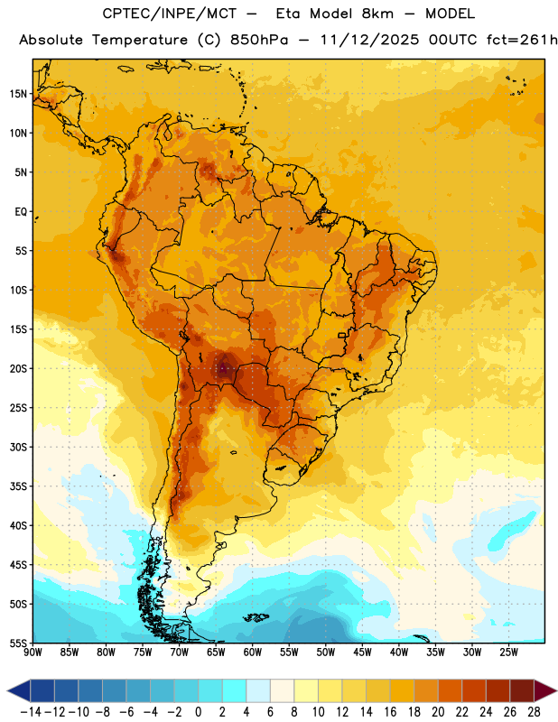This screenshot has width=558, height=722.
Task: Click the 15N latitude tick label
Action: [18, 94]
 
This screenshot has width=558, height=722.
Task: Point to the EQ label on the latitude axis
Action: [21, 212]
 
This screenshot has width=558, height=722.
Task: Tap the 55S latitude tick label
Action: [18, 643]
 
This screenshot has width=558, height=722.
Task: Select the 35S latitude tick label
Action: [18, 486]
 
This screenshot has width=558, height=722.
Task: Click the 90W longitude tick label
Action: [33, 653]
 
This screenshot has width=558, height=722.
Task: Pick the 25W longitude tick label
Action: [508, 653]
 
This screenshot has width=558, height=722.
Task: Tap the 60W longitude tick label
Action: [253, 653]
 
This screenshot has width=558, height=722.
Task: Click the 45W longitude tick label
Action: [362, 653]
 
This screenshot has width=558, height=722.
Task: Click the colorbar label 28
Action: [534, 712]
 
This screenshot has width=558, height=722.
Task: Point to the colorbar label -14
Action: [31, 712]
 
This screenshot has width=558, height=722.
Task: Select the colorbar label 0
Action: [198, 712]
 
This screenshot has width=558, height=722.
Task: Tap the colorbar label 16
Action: [390, 712]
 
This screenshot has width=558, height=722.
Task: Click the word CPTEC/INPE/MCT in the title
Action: [169, 14]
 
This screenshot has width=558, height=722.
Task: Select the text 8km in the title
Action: [377, 14]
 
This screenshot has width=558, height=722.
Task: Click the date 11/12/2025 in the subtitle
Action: [369, 40]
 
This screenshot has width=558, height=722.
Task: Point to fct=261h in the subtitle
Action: [522, 40]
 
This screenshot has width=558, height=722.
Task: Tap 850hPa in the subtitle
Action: [259, 40]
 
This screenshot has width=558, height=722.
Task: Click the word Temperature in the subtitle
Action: [140, 41]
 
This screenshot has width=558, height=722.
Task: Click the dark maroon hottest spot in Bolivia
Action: [223, 368]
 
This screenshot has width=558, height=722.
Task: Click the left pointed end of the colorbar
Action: [7, 690]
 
